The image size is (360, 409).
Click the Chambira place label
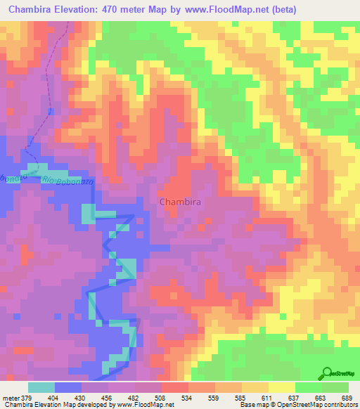(x=181, y=202)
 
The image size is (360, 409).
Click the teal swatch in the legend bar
(x=41, y=387)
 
